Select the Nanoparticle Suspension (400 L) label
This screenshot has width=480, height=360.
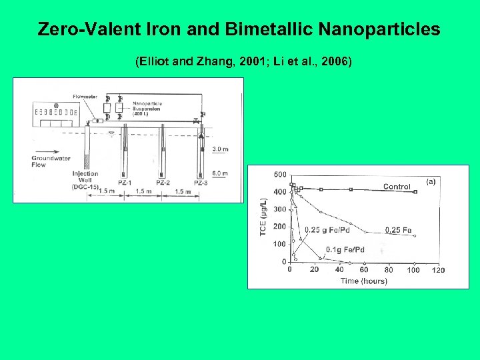point(148,107)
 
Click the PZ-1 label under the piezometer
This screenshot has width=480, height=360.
point(124,182)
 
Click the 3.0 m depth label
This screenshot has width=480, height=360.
point(220,149)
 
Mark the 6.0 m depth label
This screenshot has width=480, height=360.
point(220,173)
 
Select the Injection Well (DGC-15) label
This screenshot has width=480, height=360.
point(85,180)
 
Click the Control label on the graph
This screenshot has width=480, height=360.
point(397,187)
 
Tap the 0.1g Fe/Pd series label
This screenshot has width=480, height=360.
point(345,250)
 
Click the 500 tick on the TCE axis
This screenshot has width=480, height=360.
point(280,175)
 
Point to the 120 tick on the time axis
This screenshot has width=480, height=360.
point(438,270)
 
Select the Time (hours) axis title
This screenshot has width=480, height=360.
point(363,281)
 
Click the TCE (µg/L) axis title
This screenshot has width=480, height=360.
point(263,217)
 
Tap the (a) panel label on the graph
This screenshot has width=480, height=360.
point(430,181)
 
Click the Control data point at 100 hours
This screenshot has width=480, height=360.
point(415,192)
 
